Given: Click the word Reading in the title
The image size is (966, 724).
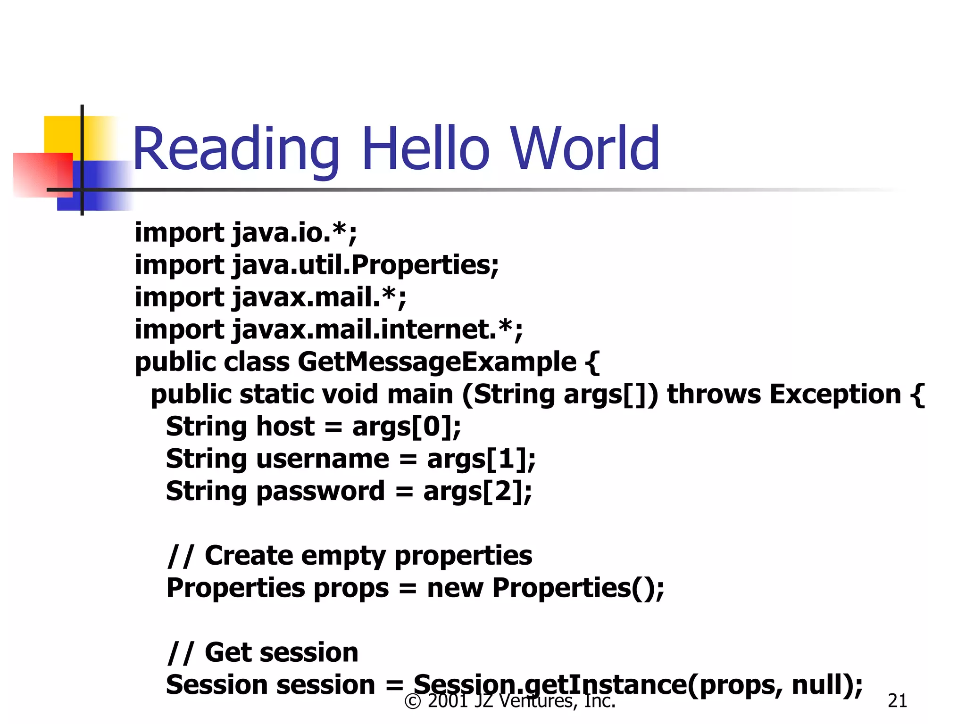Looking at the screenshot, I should pyautogui.click(x=236, y=150).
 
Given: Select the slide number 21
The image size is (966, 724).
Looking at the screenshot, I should pyautogui.click(x=897, y=701).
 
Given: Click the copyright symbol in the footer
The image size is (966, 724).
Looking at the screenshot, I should pyautogui.click(x=413, y=701).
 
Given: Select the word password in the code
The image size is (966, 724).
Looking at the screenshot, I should pyautogui.click(x=321, y=492).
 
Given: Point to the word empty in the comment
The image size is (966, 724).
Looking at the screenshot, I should pyautogui.click(x=343, y=556).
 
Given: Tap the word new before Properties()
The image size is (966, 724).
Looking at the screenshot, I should pyautogui.click(x=455, y=588).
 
